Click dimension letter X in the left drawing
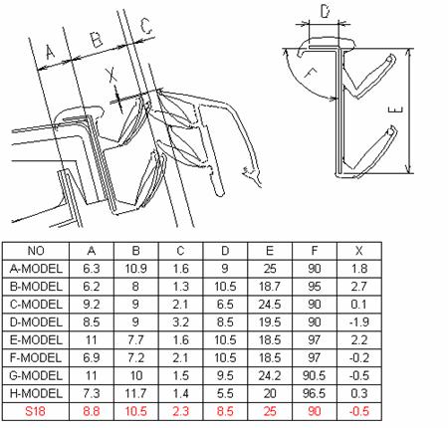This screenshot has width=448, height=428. pyautogui.click(x=112, y=75)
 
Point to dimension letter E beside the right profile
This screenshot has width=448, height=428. pyautogui.click(x=395, y=109)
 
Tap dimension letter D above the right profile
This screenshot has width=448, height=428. pyautogui.click(x=325, y=11)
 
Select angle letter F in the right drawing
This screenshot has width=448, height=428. pyautogui.click(x=311, y=74)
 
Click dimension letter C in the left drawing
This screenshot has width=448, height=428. pyautogui.click(x=145, y=26)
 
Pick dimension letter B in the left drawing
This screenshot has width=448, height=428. pyautogui.click(x=97, y=40)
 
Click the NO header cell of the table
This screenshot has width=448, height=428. pyautogui.click(x=36, y=251)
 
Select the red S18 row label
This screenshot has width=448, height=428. pyautogui.click(x=35, y=411)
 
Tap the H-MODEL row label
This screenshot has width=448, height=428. pyautogui.click(x=36, y=393)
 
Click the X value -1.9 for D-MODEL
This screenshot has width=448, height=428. pyautogui.click(x=359, y=322)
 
